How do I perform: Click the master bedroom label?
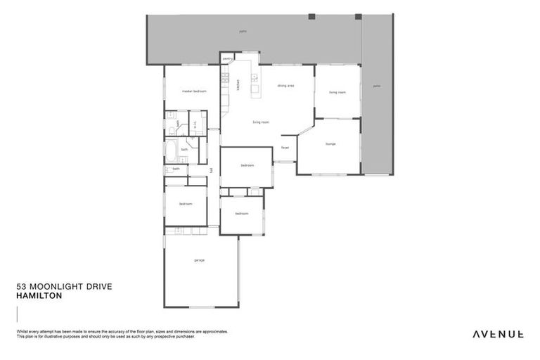(x=193, y=91)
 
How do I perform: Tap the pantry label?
(x=228, y=59)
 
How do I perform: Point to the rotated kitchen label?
(x=238, y=84)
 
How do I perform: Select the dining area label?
(x=285, y=86)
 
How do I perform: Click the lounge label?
(x=330, y=144)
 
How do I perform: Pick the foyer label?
(x=285, y=148)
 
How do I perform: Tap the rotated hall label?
(x=212, y=170)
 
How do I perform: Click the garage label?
(x=200, y=261)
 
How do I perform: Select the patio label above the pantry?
(x=243, y=32)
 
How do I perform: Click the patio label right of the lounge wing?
(x=377, y=86)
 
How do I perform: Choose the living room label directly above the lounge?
(x=337, y=92)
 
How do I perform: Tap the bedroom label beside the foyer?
(x=247, y=165)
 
